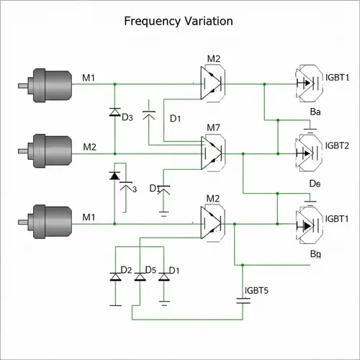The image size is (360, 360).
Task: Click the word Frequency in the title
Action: point(150,21)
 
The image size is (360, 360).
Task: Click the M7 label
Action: point(213,128)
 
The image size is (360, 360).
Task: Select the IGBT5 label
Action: point(257,291)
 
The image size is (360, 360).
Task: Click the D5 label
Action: point(150,270)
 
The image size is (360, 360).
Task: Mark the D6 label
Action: point(315,184)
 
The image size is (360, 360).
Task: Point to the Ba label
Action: point(315,112)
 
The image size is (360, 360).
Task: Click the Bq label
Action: point(315,253)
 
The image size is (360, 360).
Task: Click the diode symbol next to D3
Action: point(114,112)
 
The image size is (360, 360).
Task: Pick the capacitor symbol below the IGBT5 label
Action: point(243,303)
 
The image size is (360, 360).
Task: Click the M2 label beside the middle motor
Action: point(89,147)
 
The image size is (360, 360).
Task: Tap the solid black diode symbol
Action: point(114,175)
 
